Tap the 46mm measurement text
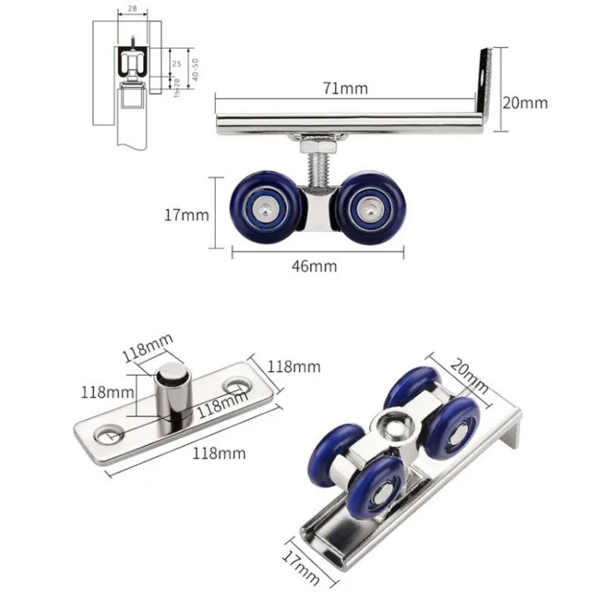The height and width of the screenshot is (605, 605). coord(315,265)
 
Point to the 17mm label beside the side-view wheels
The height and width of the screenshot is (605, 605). coord(186,215)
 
